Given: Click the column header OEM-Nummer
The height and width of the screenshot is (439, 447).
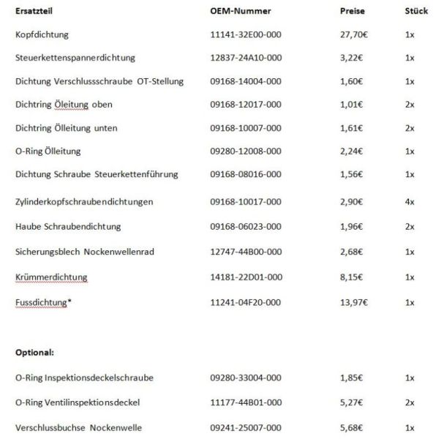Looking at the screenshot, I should (x=240, y=12).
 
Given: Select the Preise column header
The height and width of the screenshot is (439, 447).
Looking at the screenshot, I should (x=353, y=12).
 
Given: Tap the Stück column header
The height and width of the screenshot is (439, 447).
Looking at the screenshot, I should (x=416, y=12).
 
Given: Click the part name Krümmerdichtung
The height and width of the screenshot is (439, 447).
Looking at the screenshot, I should (x=51, y=277).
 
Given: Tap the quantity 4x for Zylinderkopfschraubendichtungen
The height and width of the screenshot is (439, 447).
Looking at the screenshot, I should (x=410, y=200).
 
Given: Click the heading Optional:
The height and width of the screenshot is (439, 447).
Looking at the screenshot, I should (x=34, y=352).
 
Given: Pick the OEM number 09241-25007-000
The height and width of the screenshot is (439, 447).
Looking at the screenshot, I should (x=245, y=427).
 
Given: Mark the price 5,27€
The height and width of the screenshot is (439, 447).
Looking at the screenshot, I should (x=351, y=402).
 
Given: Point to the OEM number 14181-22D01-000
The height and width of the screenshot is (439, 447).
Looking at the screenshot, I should (x=245, y=277).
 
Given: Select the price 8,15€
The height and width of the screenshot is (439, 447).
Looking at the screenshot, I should (x=351, y=277).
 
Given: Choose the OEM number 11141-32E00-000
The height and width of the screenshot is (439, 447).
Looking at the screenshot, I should (x=245, y=34).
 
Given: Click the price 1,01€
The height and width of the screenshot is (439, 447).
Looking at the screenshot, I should (x=351, y=105).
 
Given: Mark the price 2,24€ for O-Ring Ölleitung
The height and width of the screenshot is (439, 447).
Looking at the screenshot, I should (x=351, y=151).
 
